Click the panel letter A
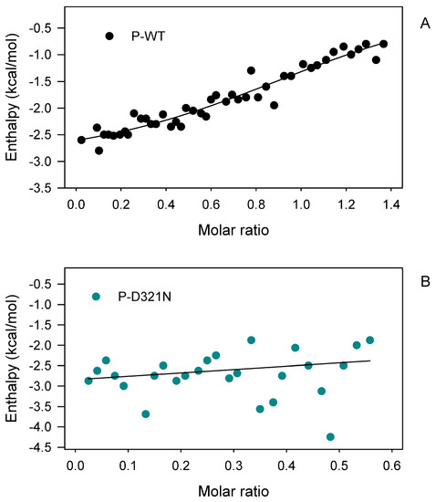(426, 26)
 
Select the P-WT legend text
(142, 37)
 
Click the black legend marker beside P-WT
(109, 37)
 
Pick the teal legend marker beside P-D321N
(96, 296)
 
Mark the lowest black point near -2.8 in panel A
(99, 150)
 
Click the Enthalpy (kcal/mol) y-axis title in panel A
(13, 99)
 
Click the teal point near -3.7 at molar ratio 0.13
(146, 413)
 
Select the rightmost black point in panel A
(383, 44)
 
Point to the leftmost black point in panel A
(81, 140)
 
